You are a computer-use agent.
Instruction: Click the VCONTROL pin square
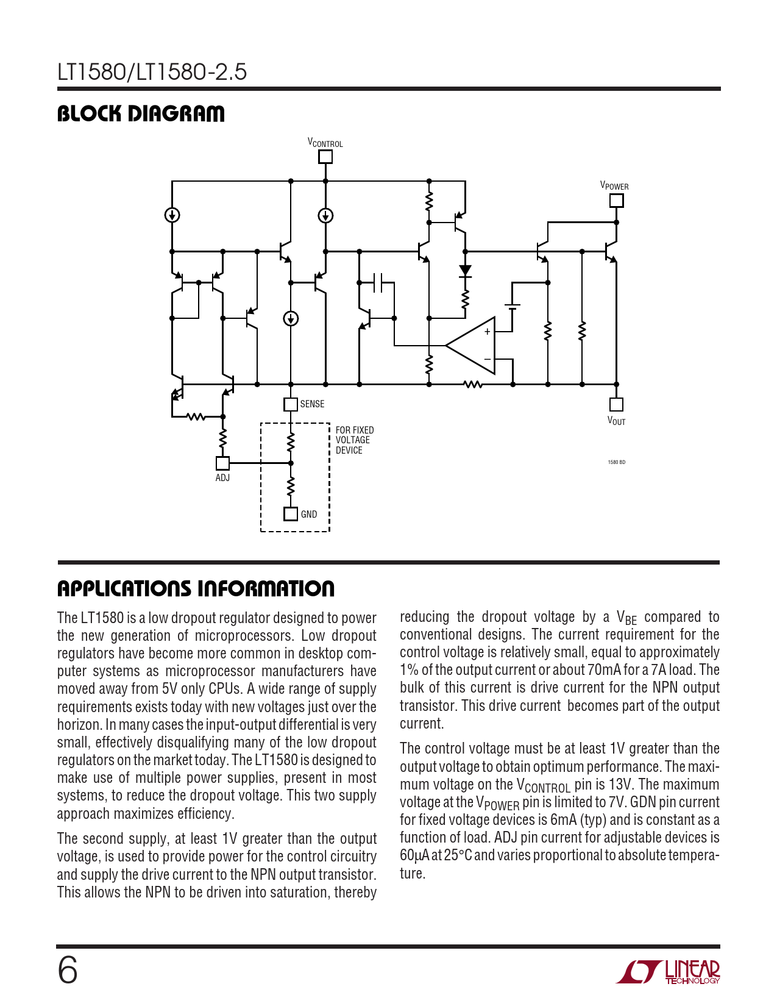[x=325, y=157]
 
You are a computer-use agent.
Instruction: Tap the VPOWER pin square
[x=617, y=200]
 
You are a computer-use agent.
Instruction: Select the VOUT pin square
[x=617, y=404]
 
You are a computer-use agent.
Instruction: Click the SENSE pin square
[x=291, y=404]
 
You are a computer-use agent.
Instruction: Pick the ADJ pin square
[x=222, y=463]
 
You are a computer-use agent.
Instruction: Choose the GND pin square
[x=291, y=514]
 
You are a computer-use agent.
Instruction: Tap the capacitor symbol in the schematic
[x=377, y=282]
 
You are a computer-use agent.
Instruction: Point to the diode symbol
[x=465, y=271]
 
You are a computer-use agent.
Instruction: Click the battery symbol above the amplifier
[x=512, y=307]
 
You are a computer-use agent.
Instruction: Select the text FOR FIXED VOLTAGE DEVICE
[x=354, y=440]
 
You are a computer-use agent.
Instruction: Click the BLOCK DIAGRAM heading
[x=141, y=114]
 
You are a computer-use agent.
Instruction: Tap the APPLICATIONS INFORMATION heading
[x=196, y=589]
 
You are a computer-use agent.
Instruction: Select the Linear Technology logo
[x=668, y=971]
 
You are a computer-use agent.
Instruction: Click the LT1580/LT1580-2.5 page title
[x=152, y=72]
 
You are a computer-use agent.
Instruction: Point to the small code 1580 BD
[x=616, y=462]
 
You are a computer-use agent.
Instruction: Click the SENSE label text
[x=312, y=404]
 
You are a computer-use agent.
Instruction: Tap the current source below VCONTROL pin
[x=325, y=215]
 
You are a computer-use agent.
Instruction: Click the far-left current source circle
[x=172, y=215]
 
